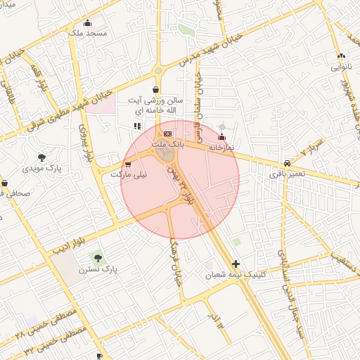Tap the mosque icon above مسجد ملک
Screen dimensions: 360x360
click(87, 22)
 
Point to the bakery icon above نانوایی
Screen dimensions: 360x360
click(342, 56)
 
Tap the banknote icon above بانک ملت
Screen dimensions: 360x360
click(167, 133)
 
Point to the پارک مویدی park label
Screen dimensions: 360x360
click(41, 169)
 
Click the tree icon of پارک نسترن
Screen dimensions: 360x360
click(96, 258)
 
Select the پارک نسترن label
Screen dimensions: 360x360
click(96, 269)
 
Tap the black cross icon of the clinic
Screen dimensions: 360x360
click(235, 264)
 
